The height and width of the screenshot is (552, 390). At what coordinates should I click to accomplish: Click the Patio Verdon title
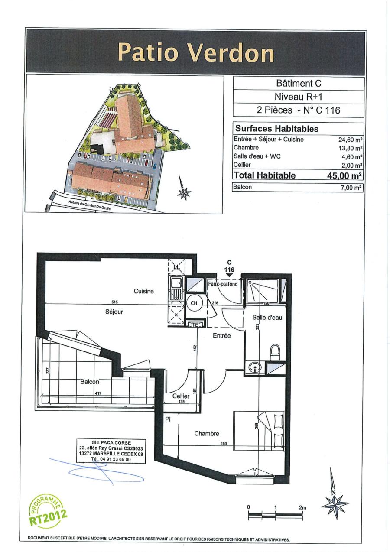(x=196, y=53)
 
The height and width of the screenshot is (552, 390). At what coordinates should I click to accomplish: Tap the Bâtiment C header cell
(x=298, y=84)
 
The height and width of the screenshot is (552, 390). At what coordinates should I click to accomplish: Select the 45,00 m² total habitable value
(x=344, y=175)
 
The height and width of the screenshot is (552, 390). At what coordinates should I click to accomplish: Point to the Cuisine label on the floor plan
(x=143, y=291)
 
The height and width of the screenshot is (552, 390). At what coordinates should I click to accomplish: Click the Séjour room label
(x=114, y=312)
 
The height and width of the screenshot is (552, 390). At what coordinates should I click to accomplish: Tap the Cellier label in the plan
(x=181, y=396)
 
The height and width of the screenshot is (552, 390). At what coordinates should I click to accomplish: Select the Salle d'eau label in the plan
(x=267, y=318)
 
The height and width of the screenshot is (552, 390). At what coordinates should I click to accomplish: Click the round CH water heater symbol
(x=194, y=303)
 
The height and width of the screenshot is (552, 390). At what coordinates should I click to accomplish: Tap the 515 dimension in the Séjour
(x=115, y=302)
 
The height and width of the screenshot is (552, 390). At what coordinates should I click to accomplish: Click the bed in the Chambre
(x=259, y=428)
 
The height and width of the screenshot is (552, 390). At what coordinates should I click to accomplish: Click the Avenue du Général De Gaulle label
(x=90, y=205)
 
